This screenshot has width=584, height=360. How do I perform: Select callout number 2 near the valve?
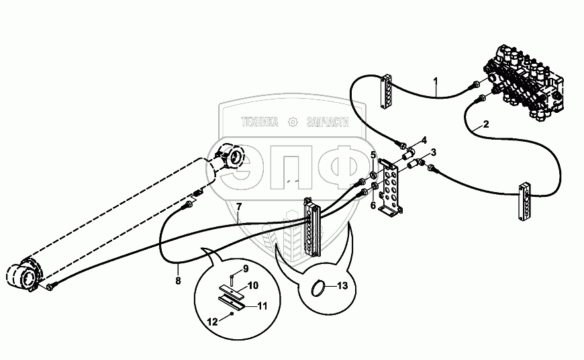[x=486, y=125]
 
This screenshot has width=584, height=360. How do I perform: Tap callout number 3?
[x=434, y=152]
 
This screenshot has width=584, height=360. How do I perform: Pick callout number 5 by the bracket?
[x=374, y=155]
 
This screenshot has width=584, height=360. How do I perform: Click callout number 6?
[x=374, y=205]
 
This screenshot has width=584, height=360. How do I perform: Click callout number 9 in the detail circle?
[x=245, y=269]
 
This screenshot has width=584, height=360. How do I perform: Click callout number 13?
[x=342, y=286]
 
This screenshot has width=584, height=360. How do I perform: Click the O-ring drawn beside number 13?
[x=322, y=289]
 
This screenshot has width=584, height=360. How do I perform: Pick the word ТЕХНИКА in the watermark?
[x=259, y=122]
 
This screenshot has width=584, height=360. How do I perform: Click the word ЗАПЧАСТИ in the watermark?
[x=327, y=122]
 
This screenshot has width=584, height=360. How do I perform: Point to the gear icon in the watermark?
[x=291, y=122]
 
